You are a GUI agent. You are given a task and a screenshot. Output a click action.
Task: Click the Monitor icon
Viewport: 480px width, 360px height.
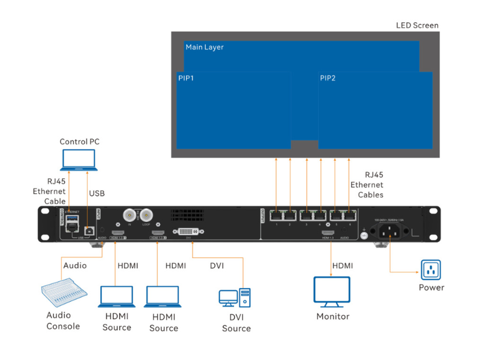[x=332, y=291]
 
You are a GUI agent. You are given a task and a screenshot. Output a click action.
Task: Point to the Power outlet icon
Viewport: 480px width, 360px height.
[x=431, y=270]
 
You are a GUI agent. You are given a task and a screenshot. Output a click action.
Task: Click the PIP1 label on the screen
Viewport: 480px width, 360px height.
[x=186, y=78]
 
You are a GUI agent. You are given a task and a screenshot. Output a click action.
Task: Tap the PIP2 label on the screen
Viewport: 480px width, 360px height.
[x=328, y=78]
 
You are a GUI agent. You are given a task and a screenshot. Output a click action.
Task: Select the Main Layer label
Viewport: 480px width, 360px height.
[x=205, y=47]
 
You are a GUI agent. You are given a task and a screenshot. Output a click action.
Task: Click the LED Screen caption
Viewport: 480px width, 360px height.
[x=417, y=25]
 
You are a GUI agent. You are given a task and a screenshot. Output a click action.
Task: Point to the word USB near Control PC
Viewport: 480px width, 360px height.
[x=97, y=193]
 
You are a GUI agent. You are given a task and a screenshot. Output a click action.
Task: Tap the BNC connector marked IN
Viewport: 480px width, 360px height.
[x=128, y=215]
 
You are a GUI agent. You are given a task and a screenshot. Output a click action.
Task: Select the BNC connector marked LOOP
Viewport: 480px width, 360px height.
[x=145, y=215]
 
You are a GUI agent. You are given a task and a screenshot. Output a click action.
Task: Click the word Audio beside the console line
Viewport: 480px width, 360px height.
[x=75, y=265]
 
